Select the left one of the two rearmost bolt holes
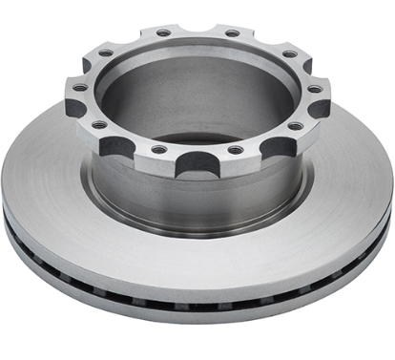point(163,33)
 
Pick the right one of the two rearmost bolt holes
point(232,33)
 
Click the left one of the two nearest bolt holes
point(158,149)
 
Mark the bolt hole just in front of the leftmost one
point(99,126)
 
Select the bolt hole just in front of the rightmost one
point(295,126)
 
